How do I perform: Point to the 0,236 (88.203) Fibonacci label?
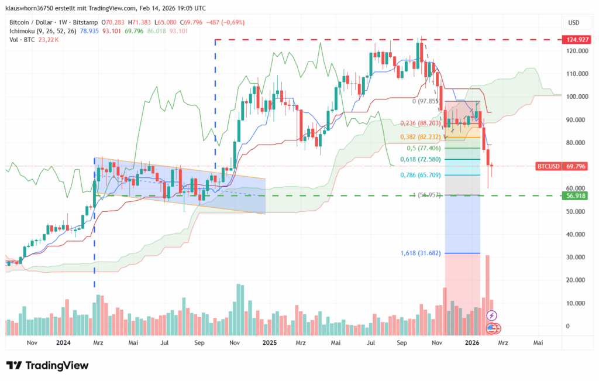pos(420,123)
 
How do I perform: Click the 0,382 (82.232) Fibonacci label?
pos(420,136)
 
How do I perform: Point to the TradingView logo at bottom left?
pos(47,366)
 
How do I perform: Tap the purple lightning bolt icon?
pos(491,316)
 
